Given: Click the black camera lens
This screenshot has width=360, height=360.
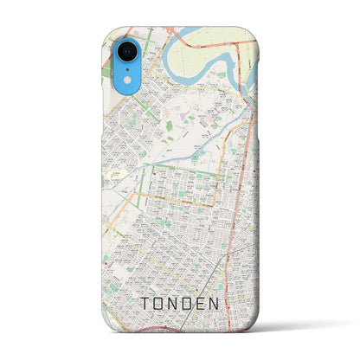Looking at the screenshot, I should click(x=120, y=49).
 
